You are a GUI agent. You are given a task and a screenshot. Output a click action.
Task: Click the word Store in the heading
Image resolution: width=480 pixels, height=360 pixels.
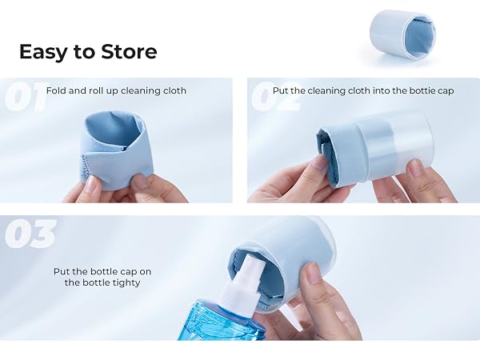tap(129, 51)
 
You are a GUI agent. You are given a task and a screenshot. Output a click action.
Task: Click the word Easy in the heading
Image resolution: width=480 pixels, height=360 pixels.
tap(42, 53)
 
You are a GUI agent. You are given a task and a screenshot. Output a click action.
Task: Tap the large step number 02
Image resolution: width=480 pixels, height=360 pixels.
tap(274, 97)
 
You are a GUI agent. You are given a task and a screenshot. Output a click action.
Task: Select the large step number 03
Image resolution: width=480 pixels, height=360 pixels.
tap(30, 234)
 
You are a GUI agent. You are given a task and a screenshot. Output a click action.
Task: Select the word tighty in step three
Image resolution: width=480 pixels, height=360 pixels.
tap(126, 283)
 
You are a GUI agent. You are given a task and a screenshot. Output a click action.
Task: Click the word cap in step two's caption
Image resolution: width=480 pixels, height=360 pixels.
tap(447, 91)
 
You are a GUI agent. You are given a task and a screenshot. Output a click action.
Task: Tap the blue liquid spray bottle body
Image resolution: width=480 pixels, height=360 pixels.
tap(221, 320)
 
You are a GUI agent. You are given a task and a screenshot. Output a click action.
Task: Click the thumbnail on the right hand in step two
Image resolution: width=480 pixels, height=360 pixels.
tap(415, 167)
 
